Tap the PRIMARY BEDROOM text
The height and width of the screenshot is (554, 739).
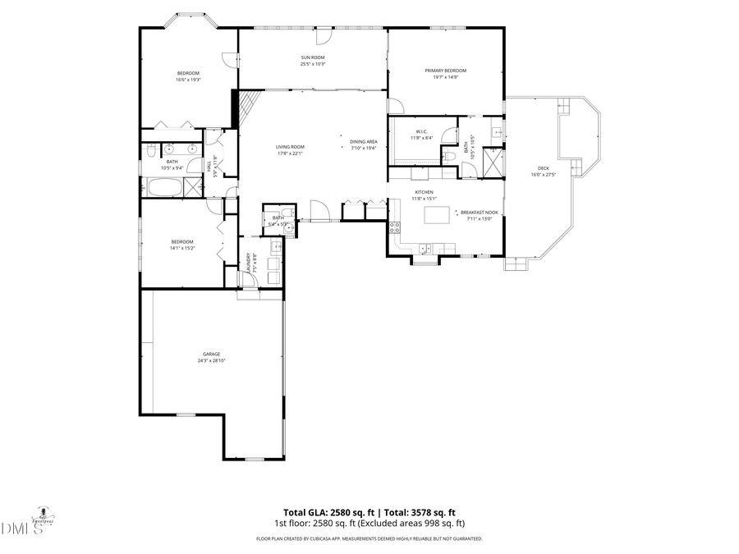[x=446, y=71]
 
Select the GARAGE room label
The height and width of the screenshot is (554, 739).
[x=212, y=354]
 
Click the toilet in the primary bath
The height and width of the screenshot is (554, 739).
[x=448, y=156]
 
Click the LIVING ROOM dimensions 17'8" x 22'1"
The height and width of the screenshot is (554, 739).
[x=290, y=153]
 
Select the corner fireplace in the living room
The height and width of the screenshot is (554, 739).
[x=245, y=107]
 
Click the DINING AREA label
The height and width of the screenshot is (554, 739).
[x=363, y=142]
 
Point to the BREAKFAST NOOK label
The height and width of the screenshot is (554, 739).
[x=479, y=212]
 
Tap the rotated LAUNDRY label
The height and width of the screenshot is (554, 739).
[x=249, y=261]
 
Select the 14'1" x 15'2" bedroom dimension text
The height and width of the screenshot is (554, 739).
[x=181, y=248]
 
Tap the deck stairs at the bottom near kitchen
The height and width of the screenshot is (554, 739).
[x=514, y=264]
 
